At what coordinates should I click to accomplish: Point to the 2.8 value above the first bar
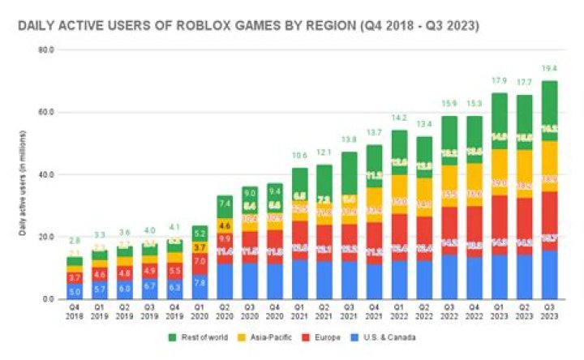pos(75,242)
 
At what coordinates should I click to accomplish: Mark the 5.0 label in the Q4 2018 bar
pos(75,291)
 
